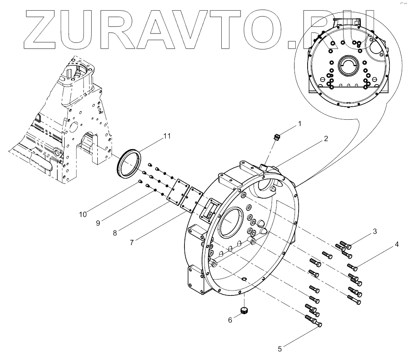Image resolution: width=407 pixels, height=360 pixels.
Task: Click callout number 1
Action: tap(300, 123)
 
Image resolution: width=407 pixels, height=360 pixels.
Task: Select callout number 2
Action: tap(326, 139)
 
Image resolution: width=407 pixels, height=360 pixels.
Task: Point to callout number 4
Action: tap(396, 245)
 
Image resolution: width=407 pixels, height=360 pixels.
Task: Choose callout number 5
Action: tap(280, 349)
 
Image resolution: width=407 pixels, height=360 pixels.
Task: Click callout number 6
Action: tap(230, 320)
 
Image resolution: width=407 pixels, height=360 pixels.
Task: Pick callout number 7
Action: tap(132, 242)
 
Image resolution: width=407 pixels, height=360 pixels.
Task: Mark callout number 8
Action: tap(115, 233)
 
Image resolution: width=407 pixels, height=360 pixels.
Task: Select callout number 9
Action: tap(98, 223)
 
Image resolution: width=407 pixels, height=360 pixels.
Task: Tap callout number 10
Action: tap(83, 214)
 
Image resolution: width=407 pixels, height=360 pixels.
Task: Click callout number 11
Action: tap(166, 136)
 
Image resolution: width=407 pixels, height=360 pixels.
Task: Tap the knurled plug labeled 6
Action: tap(244, 311)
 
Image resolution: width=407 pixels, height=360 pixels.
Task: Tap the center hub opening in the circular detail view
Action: tap(349, 65)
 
